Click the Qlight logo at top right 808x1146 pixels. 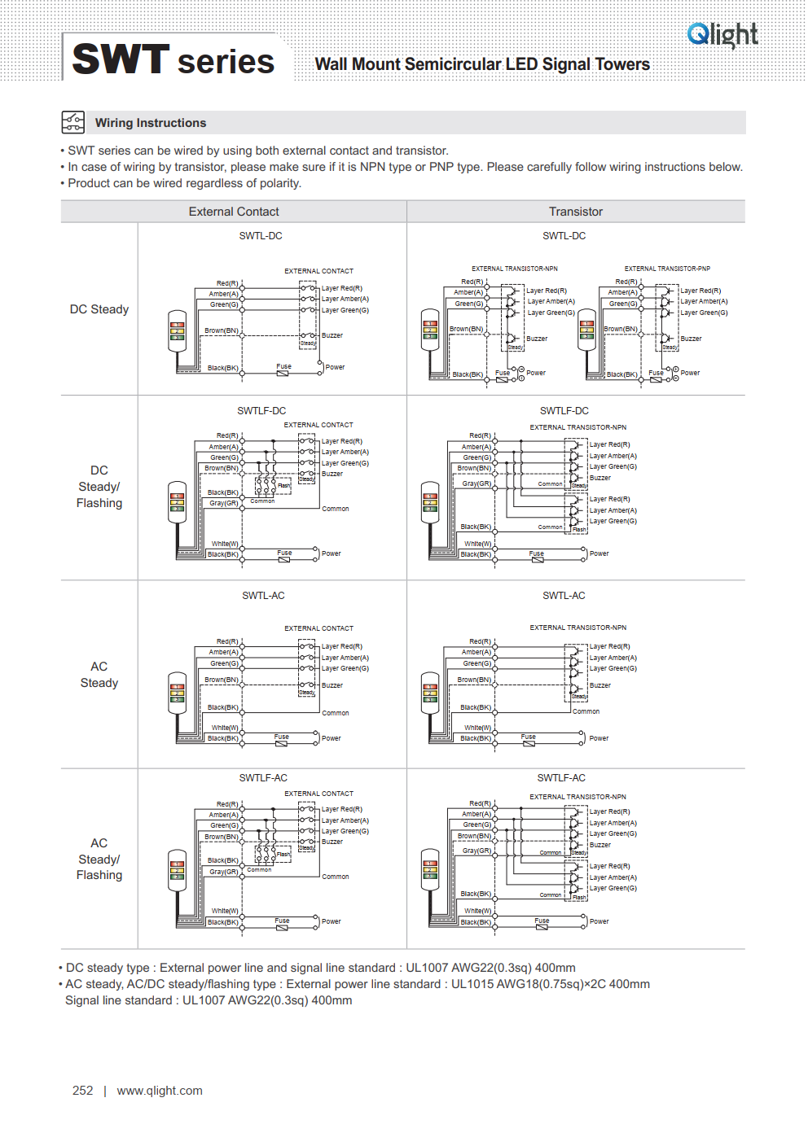722,34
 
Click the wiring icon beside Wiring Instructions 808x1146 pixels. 72,122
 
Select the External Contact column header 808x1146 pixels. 234,212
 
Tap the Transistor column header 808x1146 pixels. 575,212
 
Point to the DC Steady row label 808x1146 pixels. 99,309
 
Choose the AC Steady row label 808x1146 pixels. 99,675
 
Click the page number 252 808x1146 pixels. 83,1091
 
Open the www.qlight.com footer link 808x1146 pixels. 160,1091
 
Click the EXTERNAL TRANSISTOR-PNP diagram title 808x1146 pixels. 667,269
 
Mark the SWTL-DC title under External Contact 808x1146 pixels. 261,236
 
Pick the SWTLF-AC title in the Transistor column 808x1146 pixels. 561,778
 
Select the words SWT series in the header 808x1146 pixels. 173,60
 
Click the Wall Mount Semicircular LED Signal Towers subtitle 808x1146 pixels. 482,64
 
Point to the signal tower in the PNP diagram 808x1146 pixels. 586,330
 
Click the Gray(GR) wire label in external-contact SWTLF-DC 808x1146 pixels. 223,503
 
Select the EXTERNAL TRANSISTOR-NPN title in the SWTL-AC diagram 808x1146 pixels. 577,628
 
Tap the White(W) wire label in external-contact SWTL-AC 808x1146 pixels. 225,728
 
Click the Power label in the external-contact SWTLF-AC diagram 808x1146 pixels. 332,921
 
